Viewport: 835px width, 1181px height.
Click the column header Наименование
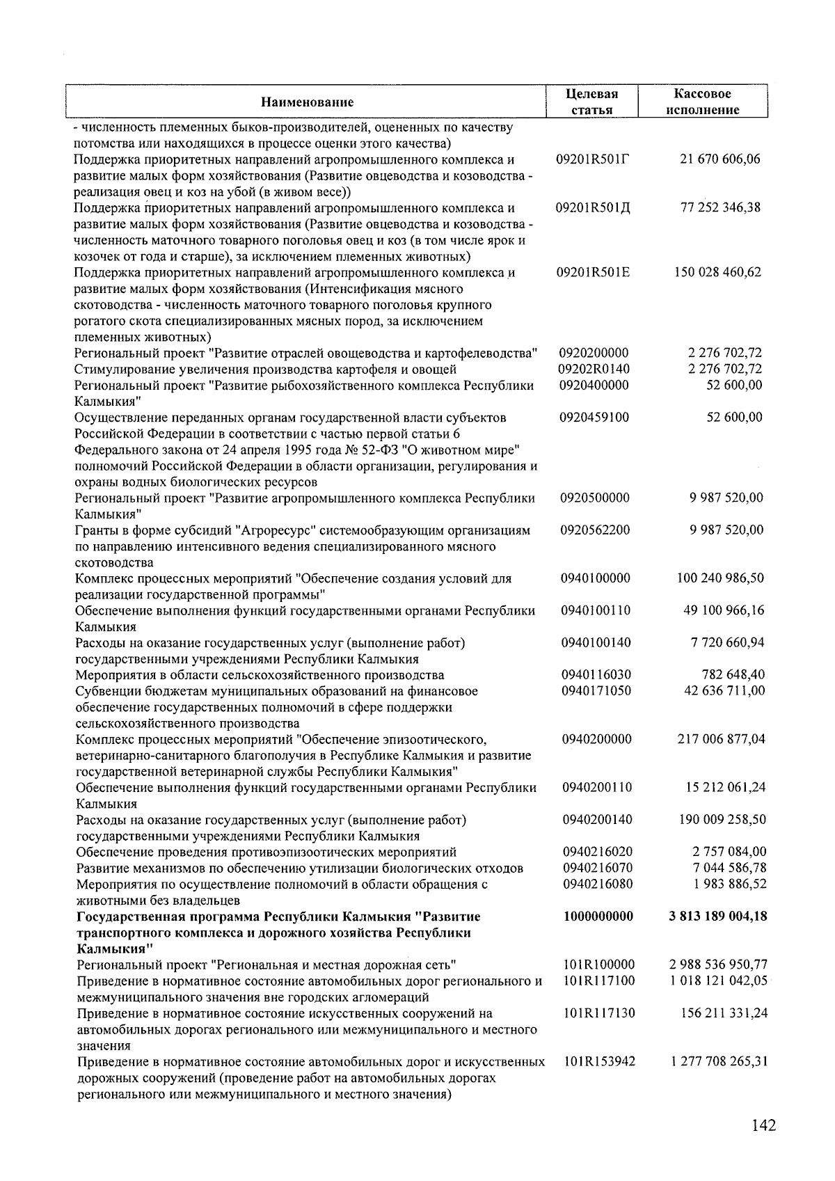click(x=307, y=102)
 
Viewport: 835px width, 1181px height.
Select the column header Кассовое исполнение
click(x=702, y=102)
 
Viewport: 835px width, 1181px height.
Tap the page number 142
click(x=763, y=1125)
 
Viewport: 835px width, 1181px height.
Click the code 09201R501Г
click(x=593, y=159)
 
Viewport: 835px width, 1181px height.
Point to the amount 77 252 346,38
click(x=720, y=207)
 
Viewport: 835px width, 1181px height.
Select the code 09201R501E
click(x=593, y=272)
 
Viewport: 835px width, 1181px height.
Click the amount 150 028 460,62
click(x=717, y=272)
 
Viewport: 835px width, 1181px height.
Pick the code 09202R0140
click(x=594, y=369)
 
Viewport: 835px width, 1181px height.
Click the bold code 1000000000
click(x=598, y=917)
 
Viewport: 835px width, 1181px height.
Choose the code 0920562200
click(x=595, y=530)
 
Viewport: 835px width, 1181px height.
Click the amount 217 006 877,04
click(x=721, y=739)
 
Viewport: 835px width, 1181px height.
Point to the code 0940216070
click(x=597, y=868)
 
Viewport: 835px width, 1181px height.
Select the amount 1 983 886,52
click(x=730, y=884)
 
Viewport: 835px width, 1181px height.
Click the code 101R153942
click(x=599, y=1062)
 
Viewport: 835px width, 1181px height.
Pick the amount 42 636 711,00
click(x=725, y=690)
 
